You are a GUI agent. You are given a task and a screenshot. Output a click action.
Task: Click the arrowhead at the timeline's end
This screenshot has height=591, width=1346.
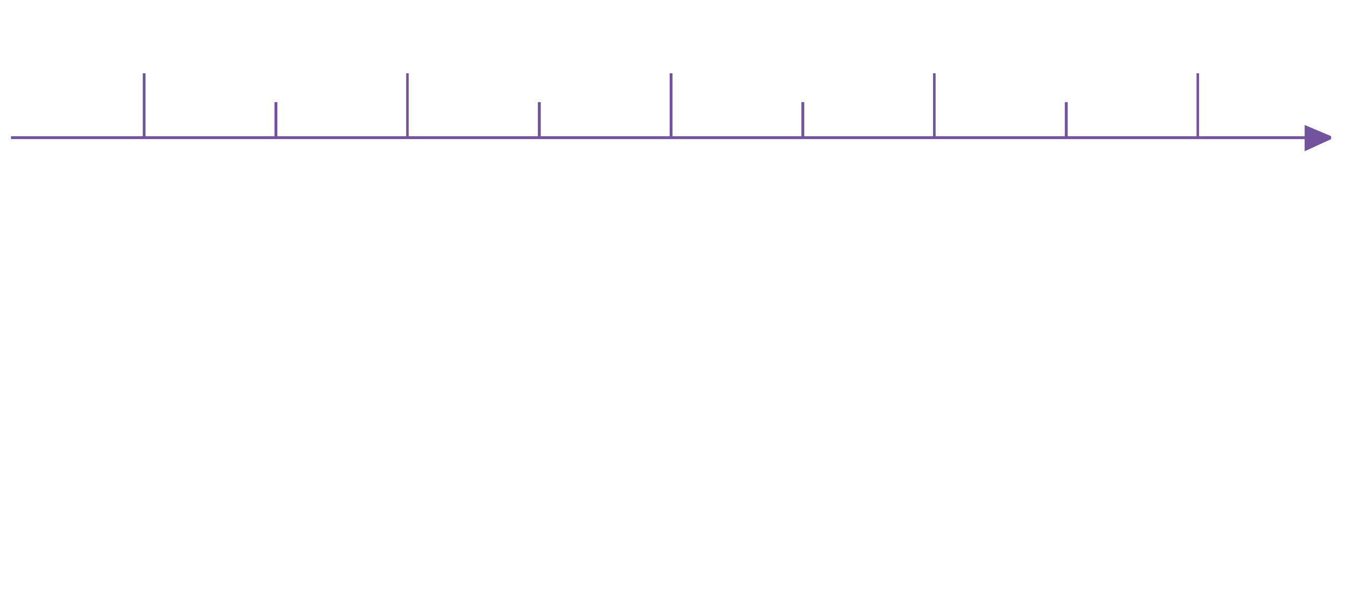1317,138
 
